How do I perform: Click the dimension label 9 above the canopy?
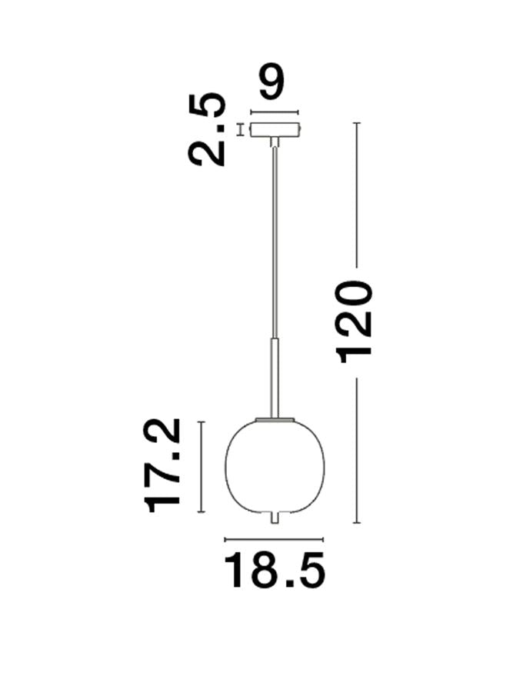coord(273,83)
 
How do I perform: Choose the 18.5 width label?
coord(275,573)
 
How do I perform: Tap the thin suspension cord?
coord(274,238)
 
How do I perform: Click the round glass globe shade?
coord(274,465)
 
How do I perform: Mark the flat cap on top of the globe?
coord(274,419)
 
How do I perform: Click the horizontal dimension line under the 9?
coord(274,112)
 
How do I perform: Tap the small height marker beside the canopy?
coord(239,129)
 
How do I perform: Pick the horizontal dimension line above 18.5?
coord(274,539)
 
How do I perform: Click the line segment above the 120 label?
coord(356,192)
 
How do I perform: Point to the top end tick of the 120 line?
coord(356,123)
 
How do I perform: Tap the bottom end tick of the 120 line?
coord(356,523)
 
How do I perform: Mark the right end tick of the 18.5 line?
coord(324,539)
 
